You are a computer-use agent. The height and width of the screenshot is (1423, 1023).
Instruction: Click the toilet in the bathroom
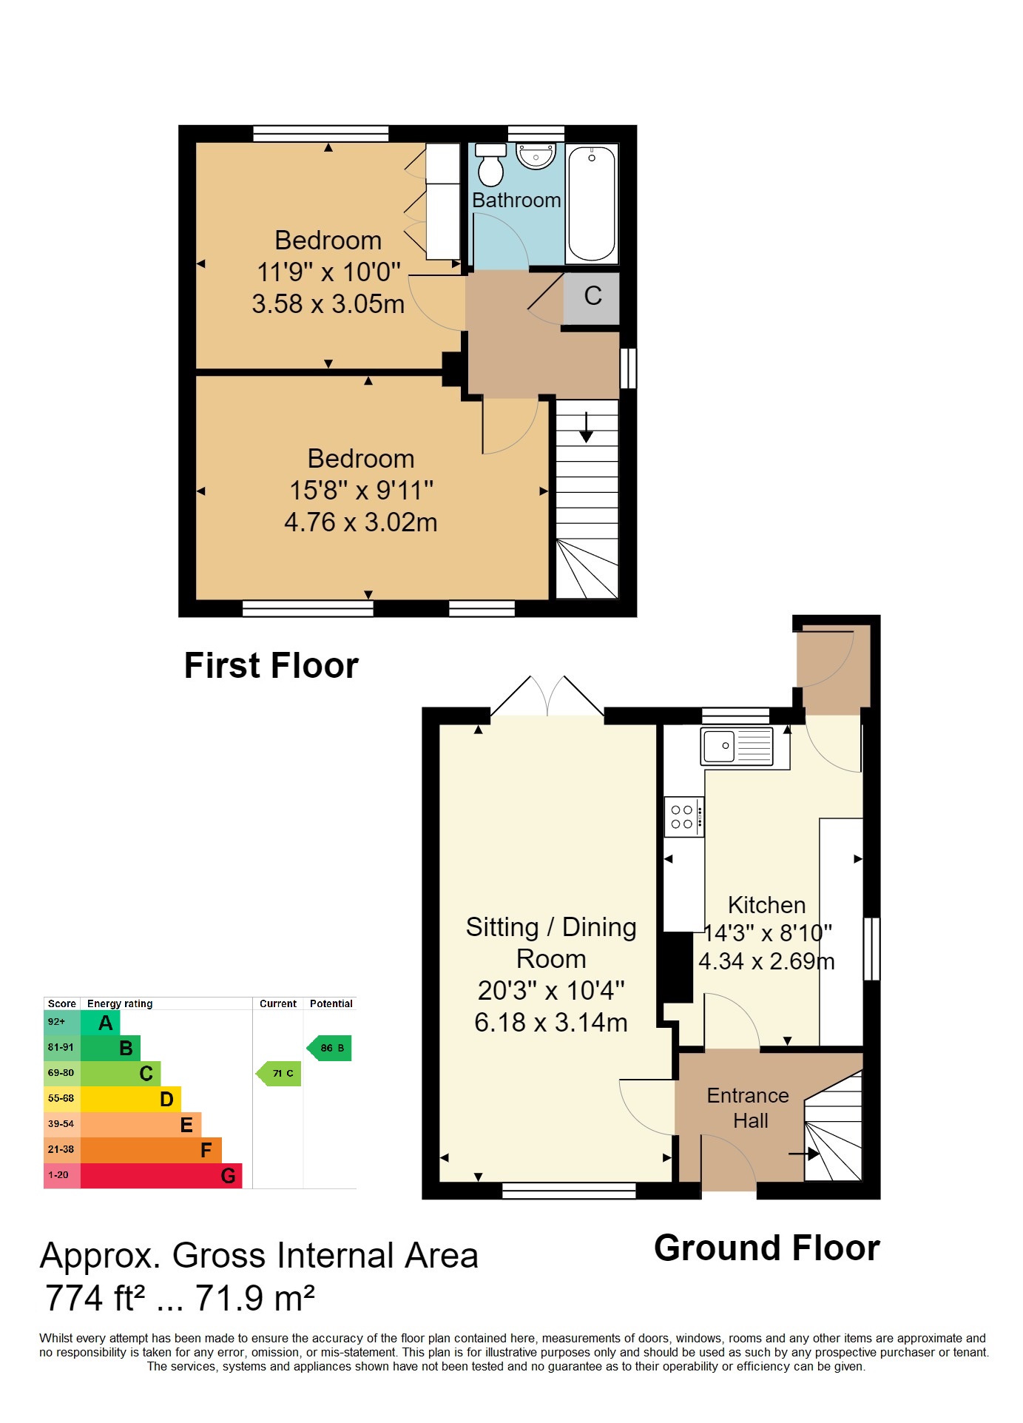coord(490,164)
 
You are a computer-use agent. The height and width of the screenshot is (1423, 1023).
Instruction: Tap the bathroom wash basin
coord(536,155)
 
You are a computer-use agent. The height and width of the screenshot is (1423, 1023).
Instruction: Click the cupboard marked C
coord(592,299)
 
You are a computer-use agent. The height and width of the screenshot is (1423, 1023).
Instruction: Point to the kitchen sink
coord(737,746)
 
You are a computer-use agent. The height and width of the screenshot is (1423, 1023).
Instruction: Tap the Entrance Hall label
coord(749,1108)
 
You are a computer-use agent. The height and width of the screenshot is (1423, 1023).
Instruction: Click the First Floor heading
coord(271,665)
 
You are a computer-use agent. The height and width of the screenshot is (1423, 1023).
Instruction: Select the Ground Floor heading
coord(767,1248)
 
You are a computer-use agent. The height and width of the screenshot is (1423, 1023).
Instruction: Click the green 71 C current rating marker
coord(279,1073)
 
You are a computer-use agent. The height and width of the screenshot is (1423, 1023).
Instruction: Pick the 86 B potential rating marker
coord(329,1048)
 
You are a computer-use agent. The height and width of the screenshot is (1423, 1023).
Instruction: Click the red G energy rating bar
coord(161,1175)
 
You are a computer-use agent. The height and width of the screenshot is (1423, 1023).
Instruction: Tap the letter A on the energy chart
coord(106,1023)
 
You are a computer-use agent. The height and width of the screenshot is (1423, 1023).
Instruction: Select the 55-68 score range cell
coord(61,1098)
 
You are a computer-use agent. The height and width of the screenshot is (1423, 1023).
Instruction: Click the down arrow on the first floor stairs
coord(587,427)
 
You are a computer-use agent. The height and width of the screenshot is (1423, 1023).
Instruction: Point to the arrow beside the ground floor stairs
coord(804,1153)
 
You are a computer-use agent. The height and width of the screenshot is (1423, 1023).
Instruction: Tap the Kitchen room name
coord(766,905)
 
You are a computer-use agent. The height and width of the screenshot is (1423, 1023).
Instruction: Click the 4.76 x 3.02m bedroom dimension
coord(361,522)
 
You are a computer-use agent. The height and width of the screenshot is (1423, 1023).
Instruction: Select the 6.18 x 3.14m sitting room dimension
coord(551,1023)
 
